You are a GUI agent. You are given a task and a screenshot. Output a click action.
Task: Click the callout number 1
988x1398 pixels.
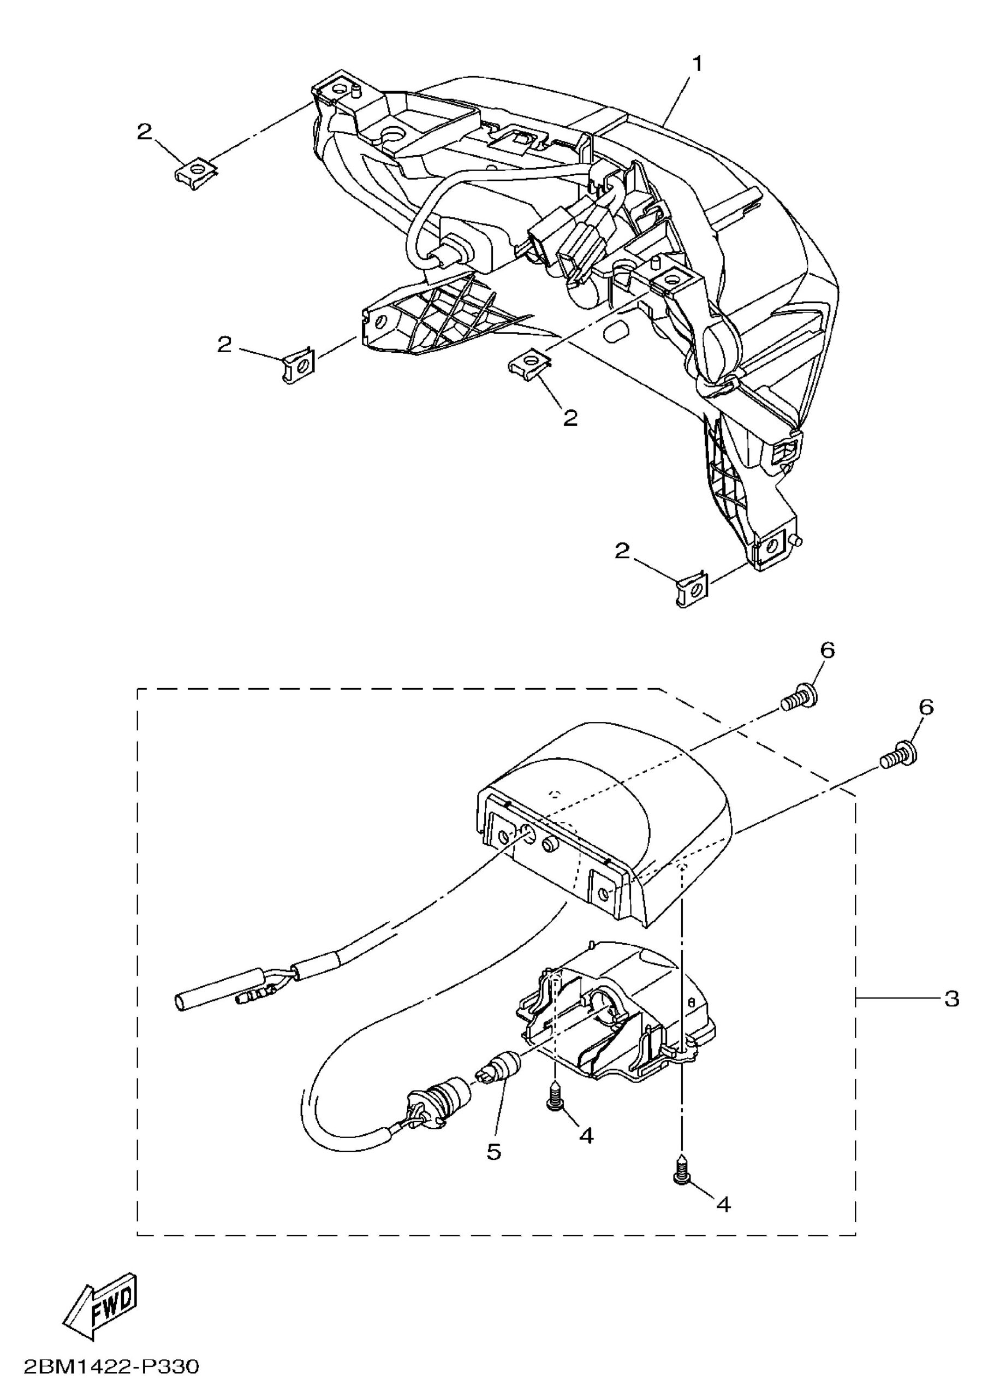pyautogui.click(x=698, y=64)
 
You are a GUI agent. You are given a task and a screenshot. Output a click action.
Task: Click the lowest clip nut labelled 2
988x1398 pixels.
pyautogui.click(x=692, y=588)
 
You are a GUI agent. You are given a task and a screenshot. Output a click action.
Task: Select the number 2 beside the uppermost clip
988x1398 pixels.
pyautogui.click(x=144, y=132)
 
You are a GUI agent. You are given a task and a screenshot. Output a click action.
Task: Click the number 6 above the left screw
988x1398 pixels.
pyautogui.click(x=828, y=650)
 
